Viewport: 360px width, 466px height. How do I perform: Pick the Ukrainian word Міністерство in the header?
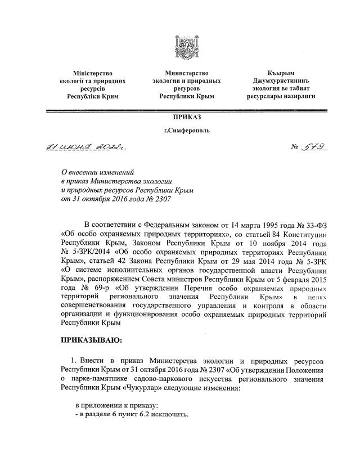pos(93,73)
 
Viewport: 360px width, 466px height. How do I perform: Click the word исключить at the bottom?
pos(172,415)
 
